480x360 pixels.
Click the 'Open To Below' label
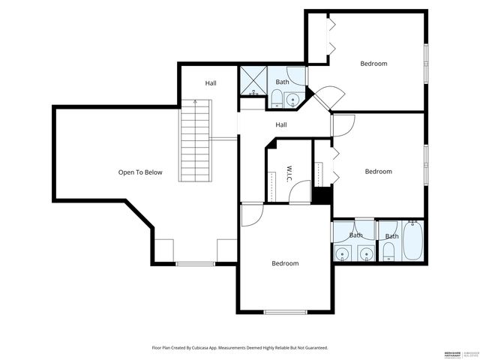coord(139,172)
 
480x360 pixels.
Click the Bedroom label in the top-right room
coord(373,64)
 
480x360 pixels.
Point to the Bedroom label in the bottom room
coord(285,263)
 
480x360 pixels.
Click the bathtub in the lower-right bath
coord(413,241)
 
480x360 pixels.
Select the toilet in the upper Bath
coord(276,98)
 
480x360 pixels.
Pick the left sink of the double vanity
coord(343,253)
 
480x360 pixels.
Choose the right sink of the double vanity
coord(365,253)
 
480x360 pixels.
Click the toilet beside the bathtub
coord(388,253)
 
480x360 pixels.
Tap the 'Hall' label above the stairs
coord(211,83)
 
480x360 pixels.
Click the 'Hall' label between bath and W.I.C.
coord(280,125)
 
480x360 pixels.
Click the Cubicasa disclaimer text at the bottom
coord(239,348)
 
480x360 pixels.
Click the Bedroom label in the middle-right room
coord(378,172)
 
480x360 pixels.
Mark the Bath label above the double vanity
coord(355,235)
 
